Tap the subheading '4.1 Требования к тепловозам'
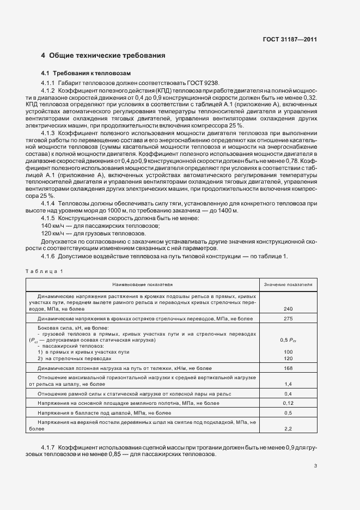click(86, 73)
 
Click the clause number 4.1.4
click(48, 203)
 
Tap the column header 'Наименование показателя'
click(142, 284)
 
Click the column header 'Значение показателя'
click(288, 284)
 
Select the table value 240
click(288, 309)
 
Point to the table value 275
click(288, 318)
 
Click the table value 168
click(288, 368)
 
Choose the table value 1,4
click(288, 384)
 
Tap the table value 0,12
click(288, 403)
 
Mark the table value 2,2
click(288, 429)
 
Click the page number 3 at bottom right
click(315, 465)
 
